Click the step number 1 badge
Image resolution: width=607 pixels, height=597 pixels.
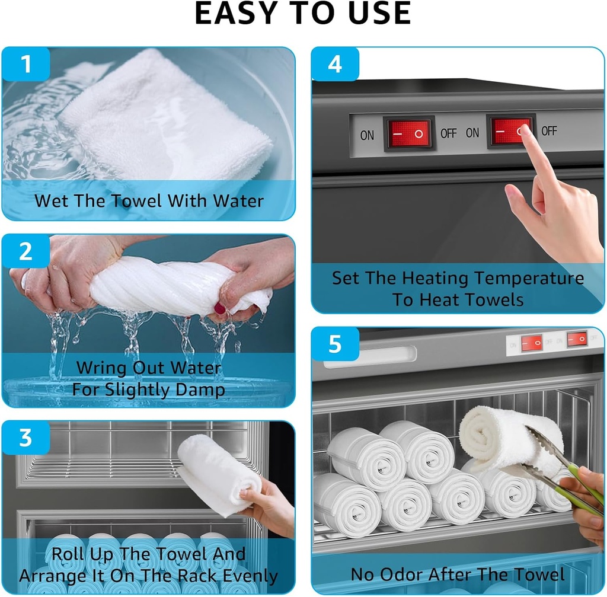(25, 64)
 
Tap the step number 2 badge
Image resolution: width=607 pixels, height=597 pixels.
(25, 251)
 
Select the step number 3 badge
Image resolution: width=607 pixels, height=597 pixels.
(25, 438)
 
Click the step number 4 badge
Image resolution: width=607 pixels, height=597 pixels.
(335, 64)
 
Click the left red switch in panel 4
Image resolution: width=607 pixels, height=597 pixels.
(409, 133)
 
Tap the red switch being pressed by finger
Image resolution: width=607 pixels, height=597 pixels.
(508, 131)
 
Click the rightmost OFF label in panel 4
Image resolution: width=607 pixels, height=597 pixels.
(549, 130)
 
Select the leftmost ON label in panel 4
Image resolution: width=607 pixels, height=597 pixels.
(368, 135)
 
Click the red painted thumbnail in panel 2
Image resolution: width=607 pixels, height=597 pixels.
(220, 308)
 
